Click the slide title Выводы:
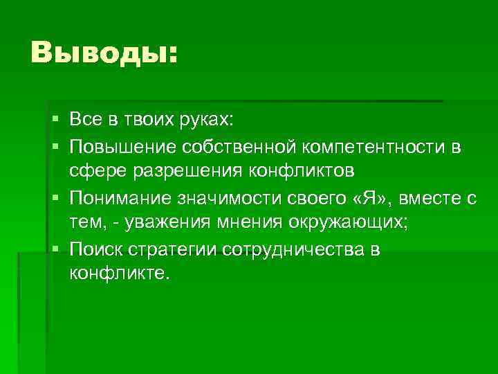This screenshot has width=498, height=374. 104,53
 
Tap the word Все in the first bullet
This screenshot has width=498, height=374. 84,121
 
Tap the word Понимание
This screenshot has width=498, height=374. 120,199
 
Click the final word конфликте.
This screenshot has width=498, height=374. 118,274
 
